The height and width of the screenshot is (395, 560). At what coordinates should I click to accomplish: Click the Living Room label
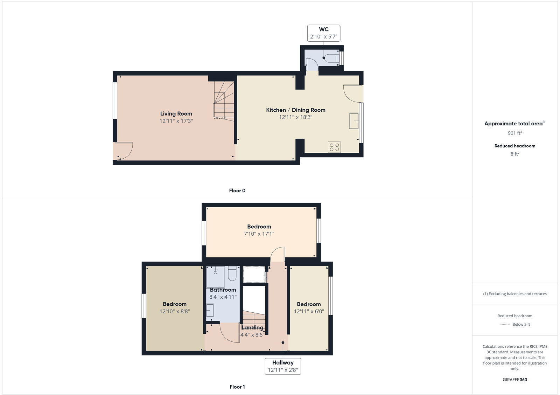pos(176,113)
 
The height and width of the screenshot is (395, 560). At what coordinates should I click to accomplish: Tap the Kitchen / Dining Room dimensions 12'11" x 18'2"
pos(295,117)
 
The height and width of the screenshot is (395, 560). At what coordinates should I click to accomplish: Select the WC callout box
pos(324,33)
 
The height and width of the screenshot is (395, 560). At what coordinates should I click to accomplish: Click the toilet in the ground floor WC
pos(333,58)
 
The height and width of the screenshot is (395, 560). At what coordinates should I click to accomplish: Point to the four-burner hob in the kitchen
pos(334,147)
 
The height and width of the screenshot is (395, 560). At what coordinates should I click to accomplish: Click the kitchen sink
pos(354,121)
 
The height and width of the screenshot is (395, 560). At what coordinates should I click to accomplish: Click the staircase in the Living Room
pos(224,102)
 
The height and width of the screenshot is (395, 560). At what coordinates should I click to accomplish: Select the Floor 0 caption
pos(237,190)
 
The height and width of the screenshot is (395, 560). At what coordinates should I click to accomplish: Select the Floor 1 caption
pos(237,387)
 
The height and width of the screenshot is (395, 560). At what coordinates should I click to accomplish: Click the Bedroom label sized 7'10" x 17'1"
pos(259,227)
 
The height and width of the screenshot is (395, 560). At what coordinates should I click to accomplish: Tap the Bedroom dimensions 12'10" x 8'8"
pos(175,311)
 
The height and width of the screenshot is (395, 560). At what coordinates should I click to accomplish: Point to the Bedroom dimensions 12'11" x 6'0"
pos(309,311)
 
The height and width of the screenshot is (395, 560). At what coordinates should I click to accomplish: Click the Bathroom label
pos(223,290)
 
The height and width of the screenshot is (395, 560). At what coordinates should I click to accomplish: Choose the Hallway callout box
pos(283,366)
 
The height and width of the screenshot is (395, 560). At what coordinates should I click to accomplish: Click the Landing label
pos(252,327)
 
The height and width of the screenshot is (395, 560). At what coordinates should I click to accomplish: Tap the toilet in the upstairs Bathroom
pos(232,273)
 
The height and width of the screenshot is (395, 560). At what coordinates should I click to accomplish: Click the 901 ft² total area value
pos(514,133)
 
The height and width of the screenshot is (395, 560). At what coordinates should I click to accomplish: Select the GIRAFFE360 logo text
pos(514,380)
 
